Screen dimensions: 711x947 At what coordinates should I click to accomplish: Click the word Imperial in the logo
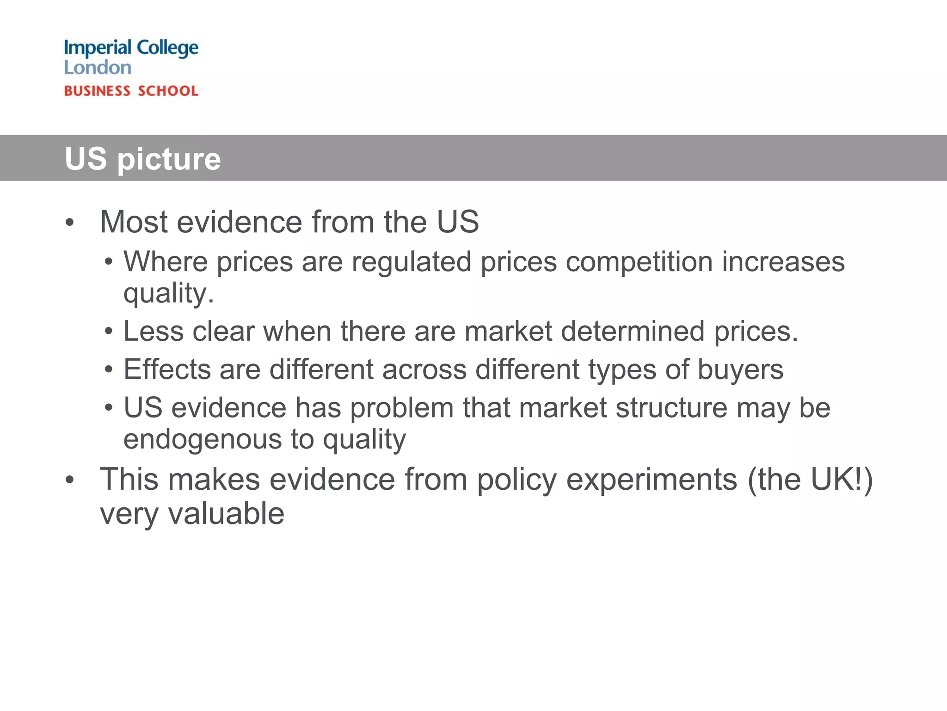[98, 48]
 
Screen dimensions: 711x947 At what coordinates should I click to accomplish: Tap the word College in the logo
[168, 48]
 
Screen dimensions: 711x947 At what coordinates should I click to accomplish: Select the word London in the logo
[98, 68]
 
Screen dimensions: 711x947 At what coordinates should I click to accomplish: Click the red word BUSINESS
[97, 91]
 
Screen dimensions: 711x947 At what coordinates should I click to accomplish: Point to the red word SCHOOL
[168, 91]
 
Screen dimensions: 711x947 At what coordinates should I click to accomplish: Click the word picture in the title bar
[169, 159]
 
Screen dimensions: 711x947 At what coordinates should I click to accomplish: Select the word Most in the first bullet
[133, 222]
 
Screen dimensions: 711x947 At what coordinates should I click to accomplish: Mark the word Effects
[167, 370]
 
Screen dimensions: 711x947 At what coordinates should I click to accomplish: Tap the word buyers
[740, 370]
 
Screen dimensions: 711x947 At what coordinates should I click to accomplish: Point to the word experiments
[652, 480]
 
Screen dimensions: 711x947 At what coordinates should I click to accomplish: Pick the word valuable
[226, 514]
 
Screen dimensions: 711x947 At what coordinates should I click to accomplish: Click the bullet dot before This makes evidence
[69, 480]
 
